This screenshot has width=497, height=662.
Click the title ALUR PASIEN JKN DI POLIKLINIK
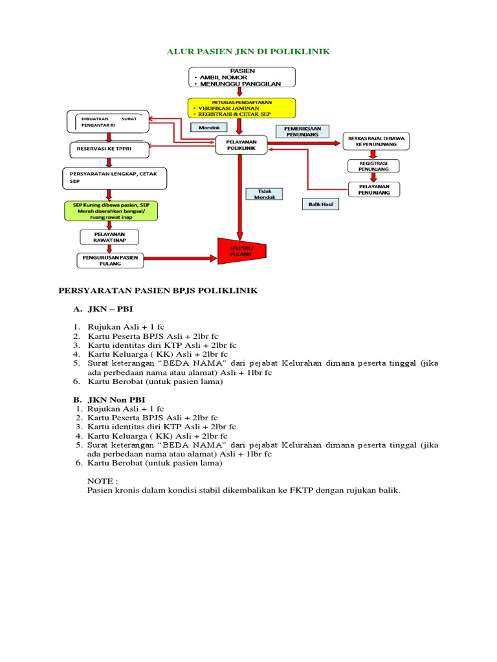pos(248,51)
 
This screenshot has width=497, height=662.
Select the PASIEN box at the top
pos(242,76)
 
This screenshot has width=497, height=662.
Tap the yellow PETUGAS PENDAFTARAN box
pos(241,108)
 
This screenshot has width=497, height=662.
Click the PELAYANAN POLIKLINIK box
pos(241,145)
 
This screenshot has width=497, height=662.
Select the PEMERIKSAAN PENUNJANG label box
pos(303,131)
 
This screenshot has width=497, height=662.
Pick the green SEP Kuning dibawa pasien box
pos(111,211)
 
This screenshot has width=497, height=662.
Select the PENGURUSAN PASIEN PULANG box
pos(109,260)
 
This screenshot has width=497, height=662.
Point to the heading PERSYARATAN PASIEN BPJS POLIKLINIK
pos(158,291)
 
